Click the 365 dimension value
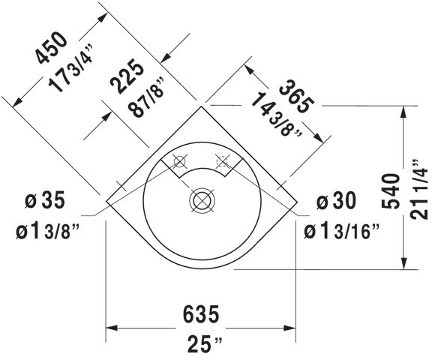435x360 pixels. coord(295,94)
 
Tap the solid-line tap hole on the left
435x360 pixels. coord(180,160)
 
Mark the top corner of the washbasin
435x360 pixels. coord(202,104)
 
